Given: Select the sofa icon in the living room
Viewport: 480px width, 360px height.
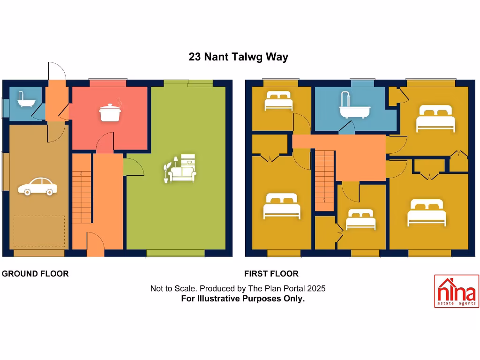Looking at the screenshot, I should [181, 169].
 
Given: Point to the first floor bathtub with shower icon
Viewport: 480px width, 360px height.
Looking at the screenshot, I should [354, 106].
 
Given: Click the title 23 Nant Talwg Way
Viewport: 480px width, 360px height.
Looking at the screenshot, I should [238, 57].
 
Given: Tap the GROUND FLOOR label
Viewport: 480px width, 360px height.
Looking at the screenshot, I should [35, 274].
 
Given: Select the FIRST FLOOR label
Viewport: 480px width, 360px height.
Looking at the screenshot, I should [271, 274].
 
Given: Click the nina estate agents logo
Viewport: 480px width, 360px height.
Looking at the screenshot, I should [456, 291].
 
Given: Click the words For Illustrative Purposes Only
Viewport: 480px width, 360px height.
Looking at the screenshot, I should [243, 299].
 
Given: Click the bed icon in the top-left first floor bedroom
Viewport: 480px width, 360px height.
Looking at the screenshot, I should [278, 101].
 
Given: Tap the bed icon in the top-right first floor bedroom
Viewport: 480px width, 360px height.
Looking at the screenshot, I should [435, 119].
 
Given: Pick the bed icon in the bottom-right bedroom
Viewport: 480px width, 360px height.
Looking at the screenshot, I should [427, 212].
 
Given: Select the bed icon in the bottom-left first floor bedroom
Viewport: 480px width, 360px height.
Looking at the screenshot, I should [281, 206].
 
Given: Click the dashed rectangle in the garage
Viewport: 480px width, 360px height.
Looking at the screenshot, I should [39, 231].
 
